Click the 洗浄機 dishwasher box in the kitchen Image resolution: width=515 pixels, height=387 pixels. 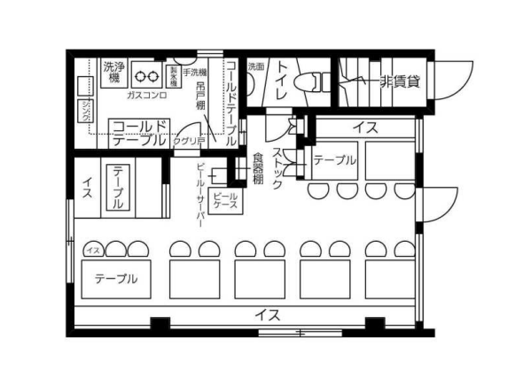(x=113, y=72)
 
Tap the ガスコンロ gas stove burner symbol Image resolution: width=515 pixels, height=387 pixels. (x=147, y=76)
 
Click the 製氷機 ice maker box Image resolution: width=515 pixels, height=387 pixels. (x=175, y=74)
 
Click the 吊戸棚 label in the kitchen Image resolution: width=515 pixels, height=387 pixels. (x=201, y=98)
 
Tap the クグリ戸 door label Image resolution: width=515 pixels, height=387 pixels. (x=187, y=140)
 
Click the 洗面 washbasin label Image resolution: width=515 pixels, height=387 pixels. (x=255, y=66)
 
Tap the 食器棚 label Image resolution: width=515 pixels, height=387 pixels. (x=257, y=168)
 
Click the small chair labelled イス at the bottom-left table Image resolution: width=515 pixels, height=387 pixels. (x=92, y=251)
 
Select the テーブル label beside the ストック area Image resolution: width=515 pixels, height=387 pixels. (x=334, y=160)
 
